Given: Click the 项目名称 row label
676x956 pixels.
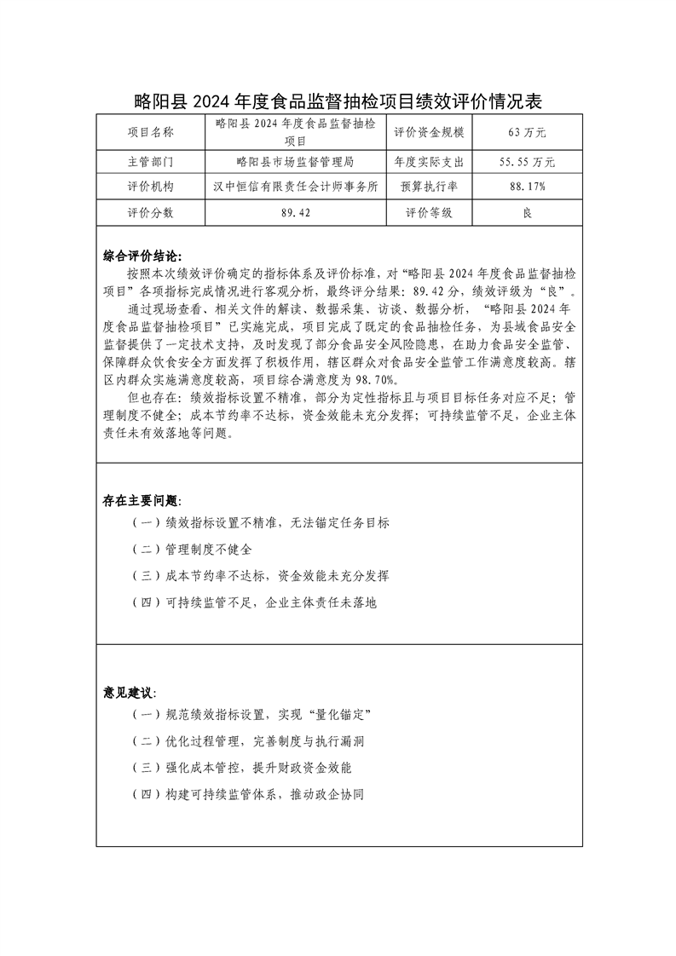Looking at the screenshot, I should click(x=150, y=132).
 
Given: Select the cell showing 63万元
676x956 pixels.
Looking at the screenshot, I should click(x=526, y=132).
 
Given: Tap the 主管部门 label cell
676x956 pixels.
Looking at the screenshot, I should click(x=150, y=161).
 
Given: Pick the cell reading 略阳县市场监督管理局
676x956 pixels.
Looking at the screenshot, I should click(x=295, y=161).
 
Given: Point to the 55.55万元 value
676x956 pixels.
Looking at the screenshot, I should click(x=526, y=161).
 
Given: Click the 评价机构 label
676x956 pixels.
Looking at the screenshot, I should click(x=150, y=187).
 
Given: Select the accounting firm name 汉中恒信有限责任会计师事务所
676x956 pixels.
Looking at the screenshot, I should click(x=295, y=187).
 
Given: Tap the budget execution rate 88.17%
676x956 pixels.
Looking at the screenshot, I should click(x=526, y=187).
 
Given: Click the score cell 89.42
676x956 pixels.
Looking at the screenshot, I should click(x=295, y=213).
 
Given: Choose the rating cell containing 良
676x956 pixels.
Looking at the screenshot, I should click(x=526, y=213).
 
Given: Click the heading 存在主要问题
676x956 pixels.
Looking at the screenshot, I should click(x=142, y=500).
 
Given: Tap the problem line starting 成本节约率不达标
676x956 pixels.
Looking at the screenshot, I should click(x=260, y=576).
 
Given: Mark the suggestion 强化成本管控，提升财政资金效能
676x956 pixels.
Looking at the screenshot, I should click(x=248, y=767).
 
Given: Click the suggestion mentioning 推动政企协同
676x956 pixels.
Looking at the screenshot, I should click(x=248, y=793).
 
